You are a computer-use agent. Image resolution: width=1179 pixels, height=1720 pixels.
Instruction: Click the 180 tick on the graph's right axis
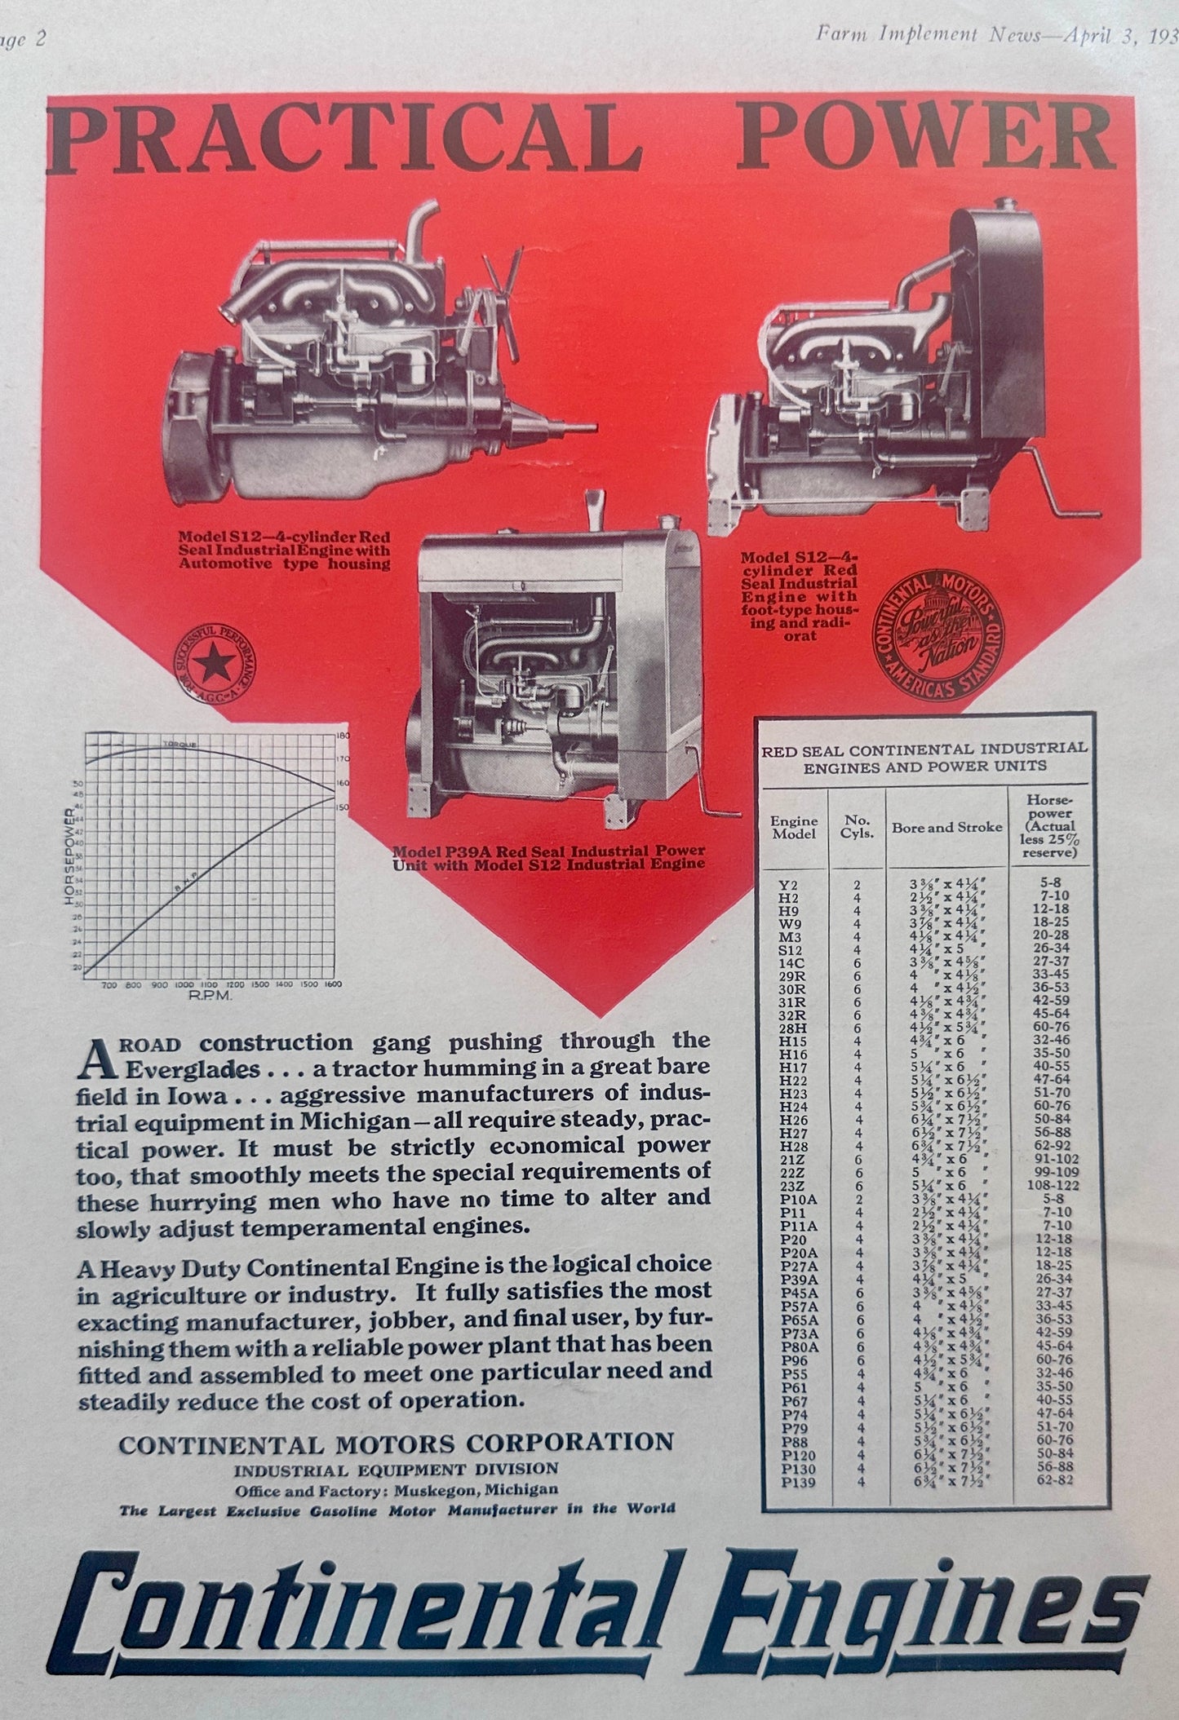tap(343, 736)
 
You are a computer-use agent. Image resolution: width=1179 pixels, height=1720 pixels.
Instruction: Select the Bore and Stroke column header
tap(946, 827)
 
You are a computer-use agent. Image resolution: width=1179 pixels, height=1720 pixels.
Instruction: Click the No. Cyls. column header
tap(857, 827)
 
